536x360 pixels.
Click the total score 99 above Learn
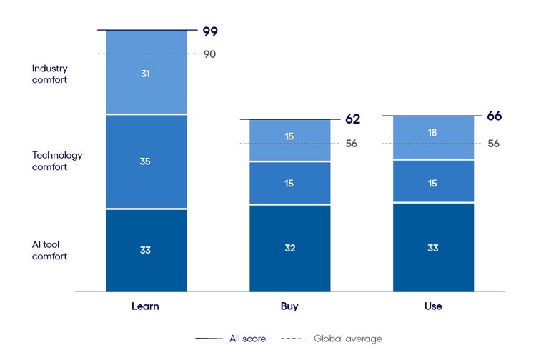[x=209, y=31]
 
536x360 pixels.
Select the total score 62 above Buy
[x=352, y=119]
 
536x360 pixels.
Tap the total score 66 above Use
[x=495, y=116]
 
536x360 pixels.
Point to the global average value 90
[x=209, y=54]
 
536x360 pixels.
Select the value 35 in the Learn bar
[x=146, y=161]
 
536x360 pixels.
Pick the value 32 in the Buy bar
[x=289, y=249]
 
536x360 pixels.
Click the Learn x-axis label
[x=145, y=306]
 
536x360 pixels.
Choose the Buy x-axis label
[x=289, y=306]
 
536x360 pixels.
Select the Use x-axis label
[x=432, y=306]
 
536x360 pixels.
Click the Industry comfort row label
[x=49, y=74]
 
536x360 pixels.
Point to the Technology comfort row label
[x=57, y=161]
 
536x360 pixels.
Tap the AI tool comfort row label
[x=50, y=250]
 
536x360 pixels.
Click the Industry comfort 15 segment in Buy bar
[x=289, y=136]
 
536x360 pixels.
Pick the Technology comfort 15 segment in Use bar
[x=432, y=184]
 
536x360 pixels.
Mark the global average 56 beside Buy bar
[x=351, y=144]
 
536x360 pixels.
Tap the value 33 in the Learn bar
[x=146, y=250]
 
